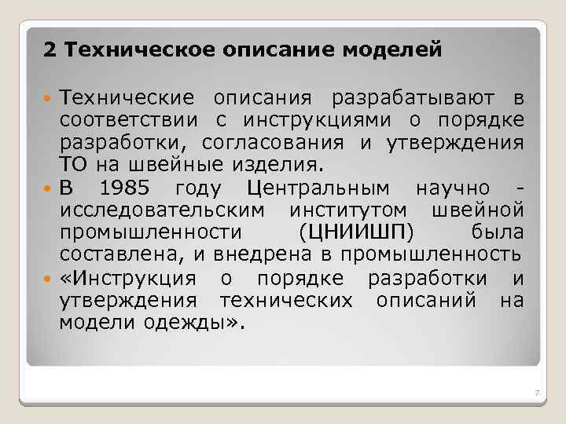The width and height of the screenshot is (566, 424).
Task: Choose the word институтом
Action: [347, 210]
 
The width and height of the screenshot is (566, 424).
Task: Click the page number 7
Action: [535, 393]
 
